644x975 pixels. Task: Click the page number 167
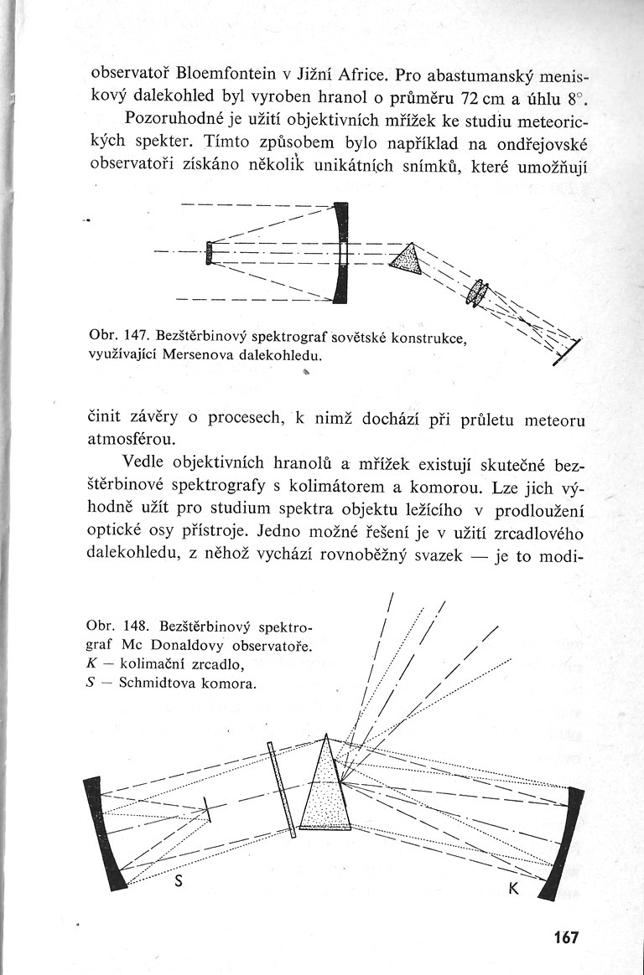click(x=566, y=936)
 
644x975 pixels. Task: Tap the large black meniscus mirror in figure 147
click(x=340, y=251)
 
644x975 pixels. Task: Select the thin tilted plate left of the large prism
click(x=281, y=789)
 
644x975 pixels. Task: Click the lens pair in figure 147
click(x=479, y=291)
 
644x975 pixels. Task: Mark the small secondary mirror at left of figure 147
click(x=209, y=252)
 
